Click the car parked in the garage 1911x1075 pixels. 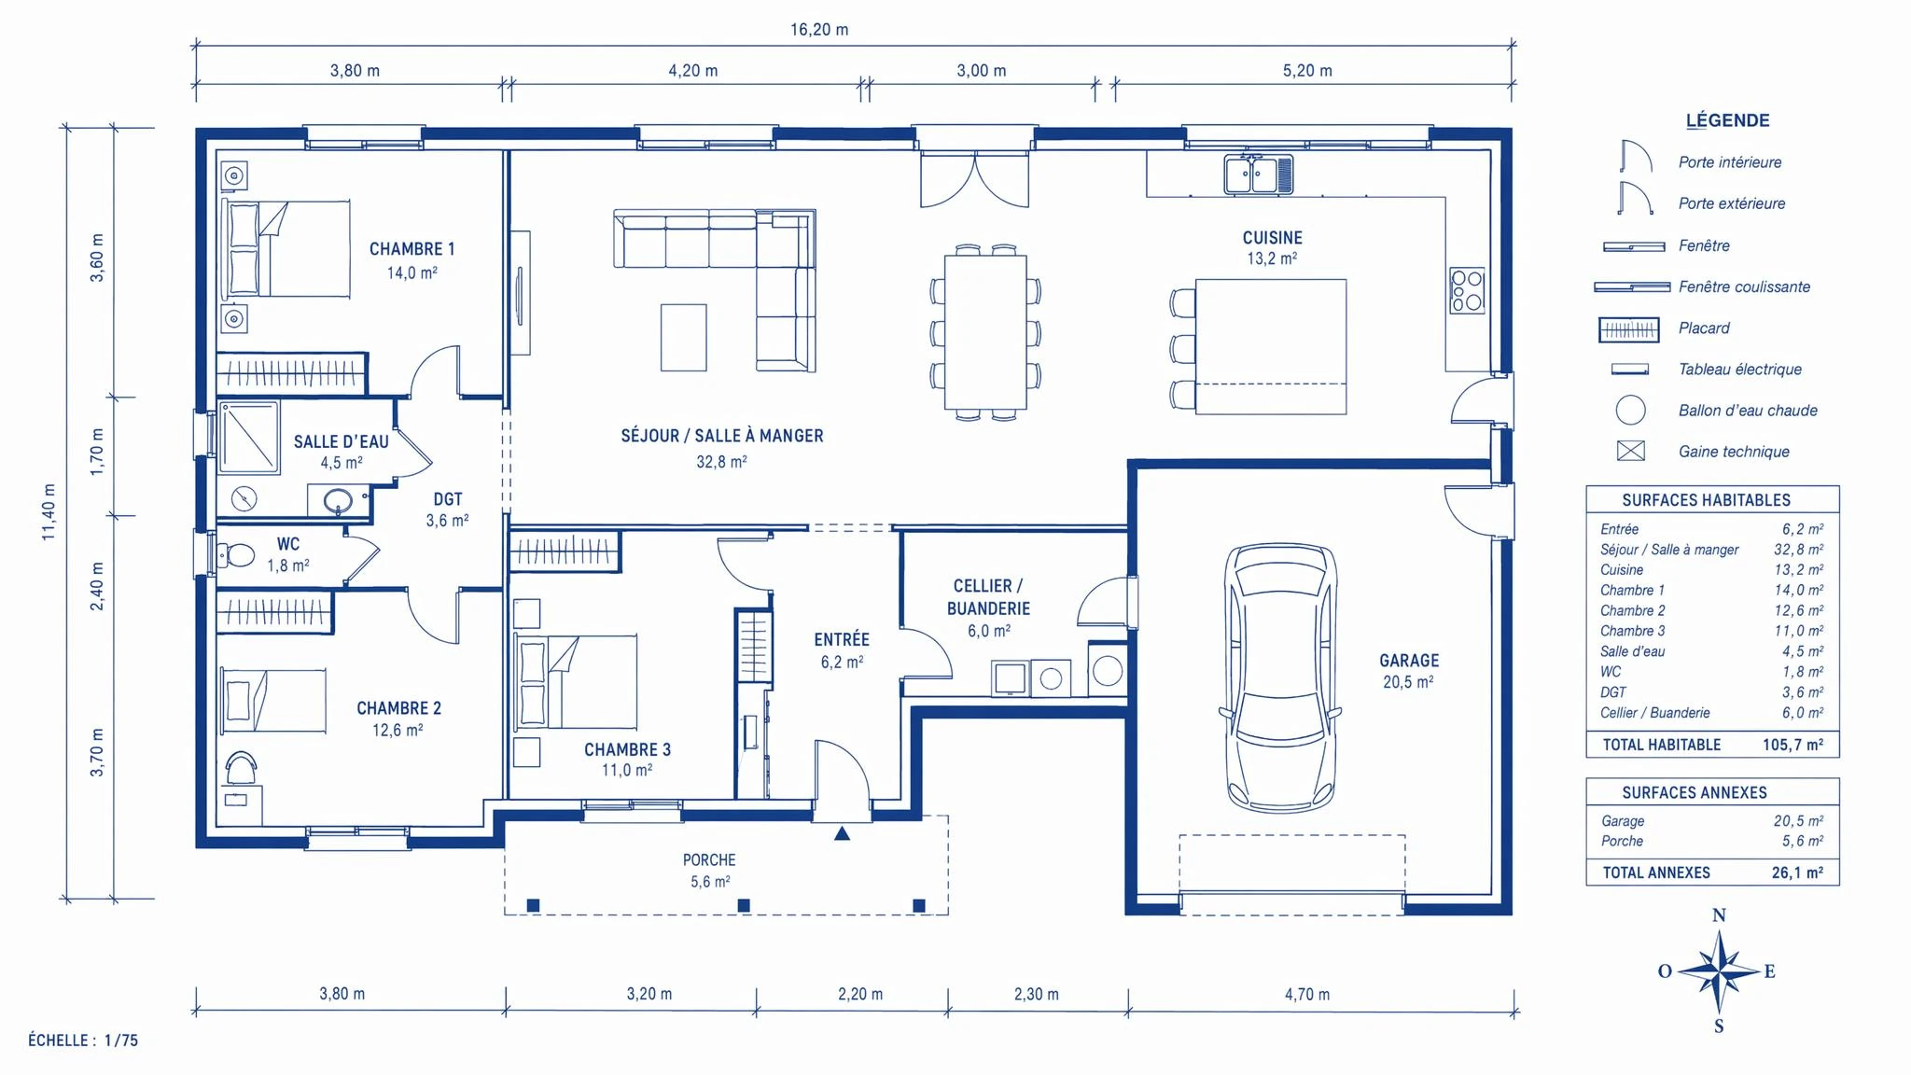[1280, 678]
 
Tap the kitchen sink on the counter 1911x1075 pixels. [1259, 175]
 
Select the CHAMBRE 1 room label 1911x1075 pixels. [411, 249]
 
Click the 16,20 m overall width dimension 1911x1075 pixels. [819, 30]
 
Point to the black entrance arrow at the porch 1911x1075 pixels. [842, 833]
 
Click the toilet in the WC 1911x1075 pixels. [237, 556]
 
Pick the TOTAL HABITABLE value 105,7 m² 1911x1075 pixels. [1792, 745]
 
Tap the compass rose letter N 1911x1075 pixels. [1719, 915]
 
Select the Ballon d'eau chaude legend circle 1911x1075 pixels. [1630, 410]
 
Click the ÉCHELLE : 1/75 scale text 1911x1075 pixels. [83, 1040]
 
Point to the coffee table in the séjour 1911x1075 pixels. [684, 337]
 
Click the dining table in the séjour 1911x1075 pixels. [985, 332]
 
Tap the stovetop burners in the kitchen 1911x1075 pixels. [1467, 290]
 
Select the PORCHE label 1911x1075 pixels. [709, 860]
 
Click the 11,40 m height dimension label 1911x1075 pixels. [49, 512]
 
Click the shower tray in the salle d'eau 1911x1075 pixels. [249, 438]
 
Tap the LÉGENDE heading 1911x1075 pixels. [1727, 120]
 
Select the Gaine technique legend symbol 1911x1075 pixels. [1630, 452]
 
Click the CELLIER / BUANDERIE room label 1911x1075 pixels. [988, 597]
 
